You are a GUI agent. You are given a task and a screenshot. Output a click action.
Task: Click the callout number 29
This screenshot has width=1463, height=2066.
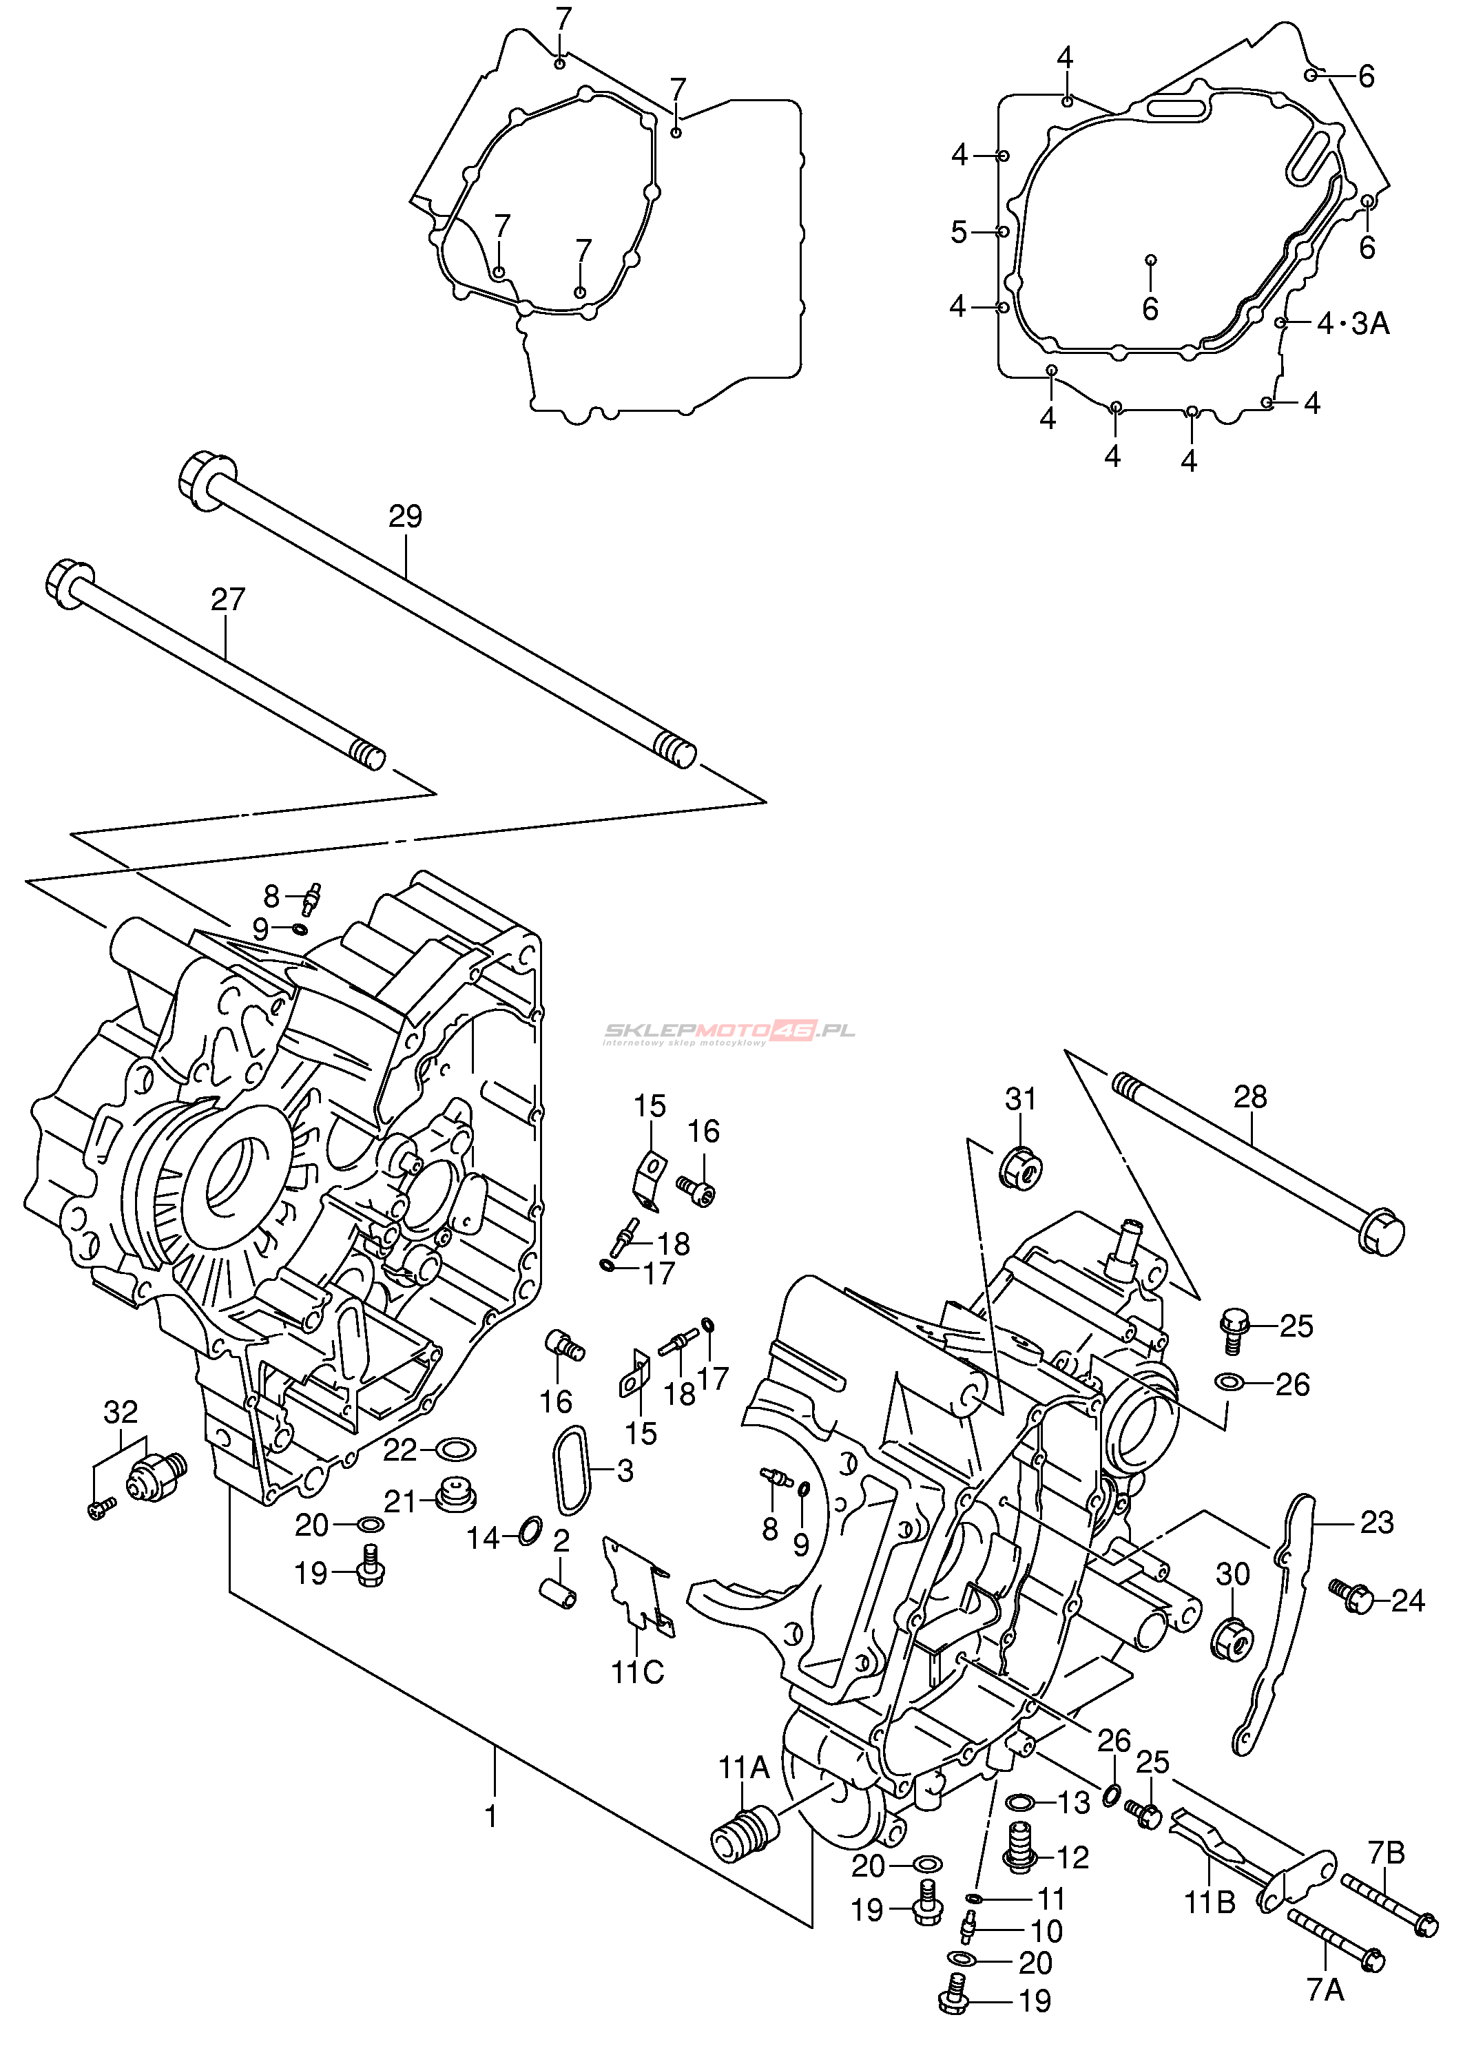click(x=406, y=516)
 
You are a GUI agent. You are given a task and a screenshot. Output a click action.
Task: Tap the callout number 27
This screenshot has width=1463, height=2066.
click(x=228, y=599)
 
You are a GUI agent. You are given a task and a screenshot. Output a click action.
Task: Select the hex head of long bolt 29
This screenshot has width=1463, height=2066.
click(x=207, y=480)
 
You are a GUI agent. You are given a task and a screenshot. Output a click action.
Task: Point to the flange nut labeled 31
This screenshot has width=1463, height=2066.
click(x=1021, y=1167)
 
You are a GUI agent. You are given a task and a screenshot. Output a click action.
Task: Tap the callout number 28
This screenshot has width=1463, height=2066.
click(x=1250, y=1097)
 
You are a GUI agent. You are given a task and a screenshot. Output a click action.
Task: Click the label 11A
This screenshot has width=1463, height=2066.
click(x=744, y=1768)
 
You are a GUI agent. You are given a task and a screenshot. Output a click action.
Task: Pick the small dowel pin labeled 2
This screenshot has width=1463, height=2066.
click(x=559, y=1595)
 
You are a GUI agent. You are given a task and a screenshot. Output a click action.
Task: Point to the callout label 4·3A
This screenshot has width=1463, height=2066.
click(x=1353, y=322)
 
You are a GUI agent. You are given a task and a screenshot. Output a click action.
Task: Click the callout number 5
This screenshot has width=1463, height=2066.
click(x=959, y=232)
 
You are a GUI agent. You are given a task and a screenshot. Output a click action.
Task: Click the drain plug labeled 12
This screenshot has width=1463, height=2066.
click(x=1021, y=1848)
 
